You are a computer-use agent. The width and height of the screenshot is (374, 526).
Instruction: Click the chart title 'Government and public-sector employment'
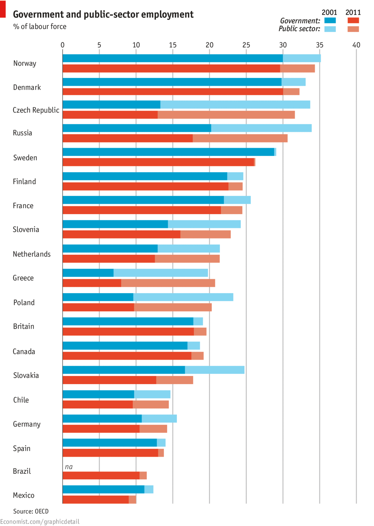[103, 14]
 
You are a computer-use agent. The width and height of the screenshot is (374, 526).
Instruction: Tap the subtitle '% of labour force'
[40, 27]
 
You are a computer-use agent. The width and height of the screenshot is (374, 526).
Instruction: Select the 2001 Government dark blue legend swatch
[330, 21]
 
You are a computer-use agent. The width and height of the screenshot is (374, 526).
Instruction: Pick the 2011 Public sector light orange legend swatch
[353, 29]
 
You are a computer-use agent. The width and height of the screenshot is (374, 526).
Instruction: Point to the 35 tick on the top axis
[320, 45]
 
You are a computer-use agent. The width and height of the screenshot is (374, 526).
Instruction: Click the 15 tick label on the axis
[173, 45]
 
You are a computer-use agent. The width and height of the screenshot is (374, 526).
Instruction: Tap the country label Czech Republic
[36, 110]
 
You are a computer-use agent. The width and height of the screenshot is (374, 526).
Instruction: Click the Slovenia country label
[26, 230]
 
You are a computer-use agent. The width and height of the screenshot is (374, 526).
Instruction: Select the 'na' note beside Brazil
[69, 467]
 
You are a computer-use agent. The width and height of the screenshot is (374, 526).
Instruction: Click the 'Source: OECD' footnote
[31, 511]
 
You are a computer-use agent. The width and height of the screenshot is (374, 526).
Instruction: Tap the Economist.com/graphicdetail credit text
[40, 522]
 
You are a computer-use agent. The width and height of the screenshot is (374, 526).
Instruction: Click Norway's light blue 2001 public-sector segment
[302, 59]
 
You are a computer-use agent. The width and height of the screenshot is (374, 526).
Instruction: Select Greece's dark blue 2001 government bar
[88, 273]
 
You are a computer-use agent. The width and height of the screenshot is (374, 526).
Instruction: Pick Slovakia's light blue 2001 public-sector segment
[215, 370]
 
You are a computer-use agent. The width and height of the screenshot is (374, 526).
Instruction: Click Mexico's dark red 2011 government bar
[96, 499]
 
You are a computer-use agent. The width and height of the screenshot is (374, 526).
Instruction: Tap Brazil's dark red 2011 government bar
[101, 475]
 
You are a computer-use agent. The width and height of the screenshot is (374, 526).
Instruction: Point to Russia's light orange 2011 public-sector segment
[240, 138]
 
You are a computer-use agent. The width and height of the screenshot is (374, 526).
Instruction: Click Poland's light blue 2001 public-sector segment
[183, 297]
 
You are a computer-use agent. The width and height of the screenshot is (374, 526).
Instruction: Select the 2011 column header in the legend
[353, 13]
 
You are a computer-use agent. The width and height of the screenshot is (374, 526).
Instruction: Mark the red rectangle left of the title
[3, 9]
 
